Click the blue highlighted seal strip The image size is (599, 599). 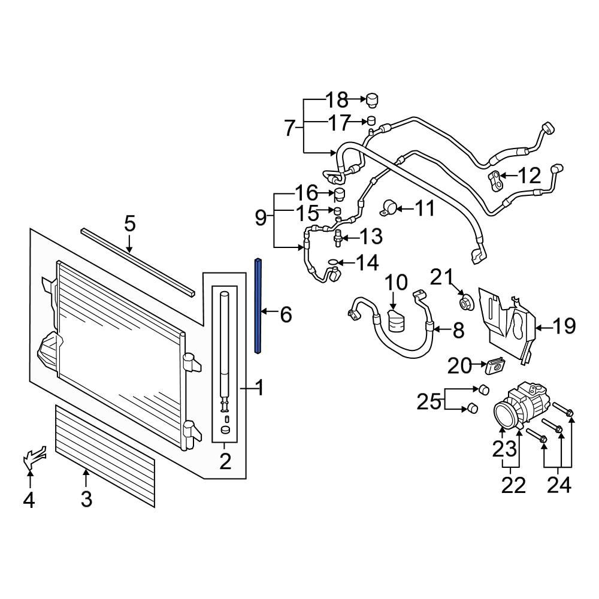[258, 305]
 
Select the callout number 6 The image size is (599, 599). [286, 313]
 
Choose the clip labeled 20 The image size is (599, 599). [495, 364]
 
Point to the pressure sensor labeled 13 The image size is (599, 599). [337, 237]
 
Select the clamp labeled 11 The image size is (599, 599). [388, 209]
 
